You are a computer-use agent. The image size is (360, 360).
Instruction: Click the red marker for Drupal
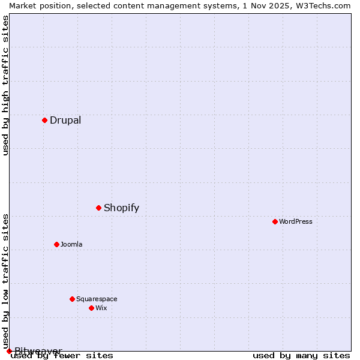pos(44,120)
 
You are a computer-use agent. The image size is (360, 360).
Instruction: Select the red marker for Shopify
pos(98,208)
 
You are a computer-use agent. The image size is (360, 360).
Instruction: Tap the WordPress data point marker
pos(275,221)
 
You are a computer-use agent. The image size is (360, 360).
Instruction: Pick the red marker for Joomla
pos(56,244)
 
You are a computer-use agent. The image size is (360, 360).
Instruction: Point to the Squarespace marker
pos(72,299)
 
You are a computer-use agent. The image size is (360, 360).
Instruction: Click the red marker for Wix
pos(91,308)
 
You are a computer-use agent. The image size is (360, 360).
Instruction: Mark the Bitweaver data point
pos(9,351)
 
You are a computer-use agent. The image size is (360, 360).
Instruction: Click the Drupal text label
pos(65,120)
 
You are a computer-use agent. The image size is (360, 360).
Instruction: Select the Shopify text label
pos(121,208)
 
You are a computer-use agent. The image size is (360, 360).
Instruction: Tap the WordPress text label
pos(296,221)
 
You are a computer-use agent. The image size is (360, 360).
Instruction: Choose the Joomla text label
pos(71,244)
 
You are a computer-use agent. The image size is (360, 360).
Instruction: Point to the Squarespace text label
pos(97,299)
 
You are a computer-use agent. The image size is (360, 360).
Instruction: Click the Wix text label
pos(101,308)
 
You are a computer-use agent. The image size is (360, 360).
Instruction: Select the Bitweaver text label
pos(38,351)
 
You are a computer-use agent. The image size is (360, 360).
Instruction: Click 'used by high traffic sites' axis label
pos(5,85)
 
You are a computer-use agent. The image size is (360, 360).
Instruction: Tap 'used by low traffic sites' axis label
pos(5,281)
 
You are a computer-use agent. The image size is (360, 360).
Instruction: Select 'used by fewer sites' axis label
pos(62,355)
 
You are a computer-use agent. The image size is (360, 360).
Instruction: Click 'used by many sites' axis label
pos(301,355)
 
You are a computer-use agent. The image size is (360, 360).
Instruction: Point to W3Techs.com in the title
pos(325,5)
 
